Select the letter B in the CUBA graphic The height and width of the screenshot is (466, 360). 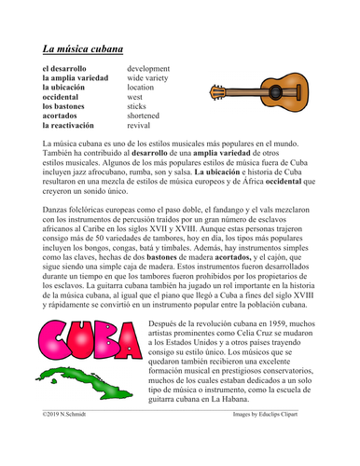click(x=104, y=337)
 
